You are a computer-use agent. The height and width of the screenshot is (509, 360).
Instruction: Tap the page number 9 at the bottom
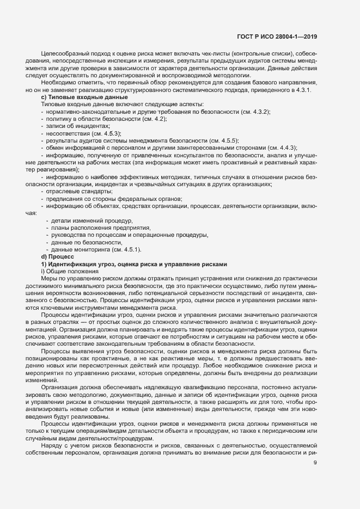point(315,479)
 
